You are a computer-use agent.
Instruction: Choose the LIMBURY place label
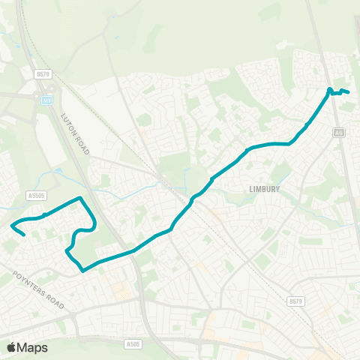pyautogui.click(x=264, y=190)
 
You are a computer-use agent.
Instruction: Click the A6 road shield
pyautogui.click(x=340, y=133)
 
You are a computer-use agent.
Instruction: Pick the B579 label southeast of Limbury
pyautogui.click(x=296, y=301)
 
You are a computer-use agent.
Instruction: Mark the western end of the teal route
pyautogui.click(x=25, y=235)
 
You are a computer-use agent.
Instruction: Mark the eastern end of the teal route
pyautogui.click(x=349, y=92)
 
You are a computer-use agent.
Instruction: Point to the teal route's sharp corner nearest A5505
pyautogui.click(x=80, y=198)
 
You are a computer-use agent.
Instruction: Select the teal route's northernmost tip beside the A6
pyautogui.click(x=329, y=89)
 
